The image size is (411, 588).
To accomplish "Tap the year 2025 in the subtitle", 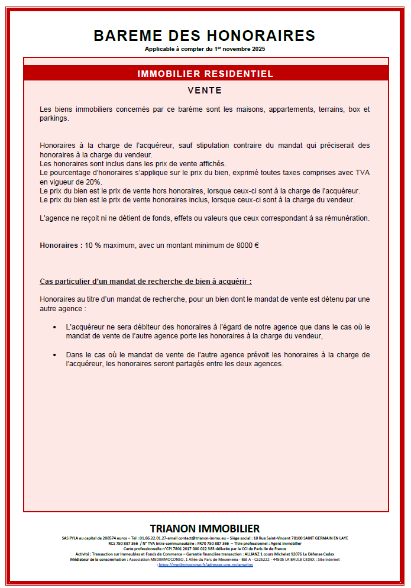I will (x=258, y=49).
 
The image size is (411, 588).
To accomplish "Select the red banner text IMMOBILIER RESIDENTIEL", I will (x=205, y=74).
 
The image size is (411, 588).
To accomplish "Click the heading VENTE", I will (x=205, y=91).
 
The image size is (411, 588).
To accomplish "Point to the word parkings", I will (x=54, y=118).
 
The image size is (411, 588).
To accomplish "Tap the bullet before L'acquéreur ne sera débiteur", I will (x=54, y=327).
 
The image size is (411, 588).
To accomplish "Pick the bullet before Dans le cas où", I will (x=54, y=356).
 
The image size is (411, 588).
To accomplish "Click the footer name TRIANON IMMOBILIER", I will (x=205, y=528).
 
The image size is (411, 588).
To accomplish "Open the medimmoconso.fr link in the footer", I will (x=206, y=565).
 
